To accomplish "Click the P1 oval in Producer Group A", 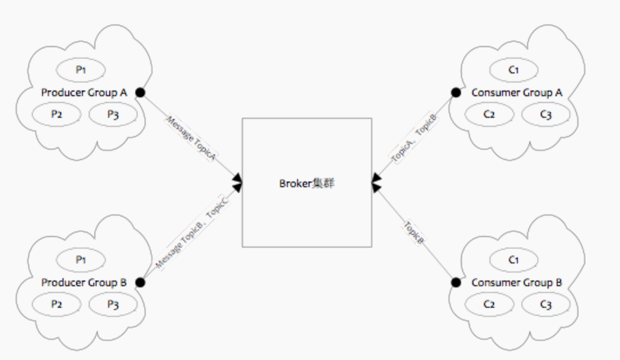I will click(x=81, y=70).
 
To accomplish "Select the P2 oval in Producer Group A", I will click(x=56, y=114).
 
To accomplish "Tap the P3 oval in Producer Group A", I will click(x=113, y=114).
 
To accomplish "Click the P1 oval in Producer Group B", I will click(x=81, y=260).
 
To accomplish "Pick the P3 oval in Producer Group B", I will click(x=113, y=304).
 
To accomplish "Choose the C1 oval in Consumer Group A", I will click(x=514, y=70).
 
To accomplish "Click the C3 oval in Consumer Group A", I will click(x=546, y=114).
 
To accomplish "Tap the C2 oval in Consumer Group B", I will click(x=490, y=304).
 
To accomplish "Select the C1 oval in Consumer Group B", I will click(x=514, y=260).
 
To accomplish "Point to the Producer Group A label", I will click(x=84, y=93).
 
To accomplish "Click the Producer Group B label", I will click(x=84, y=282).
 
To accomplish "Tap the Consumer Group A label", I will click(x=517, y=93).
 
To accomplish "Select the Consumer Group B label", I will click(x=517, y=282).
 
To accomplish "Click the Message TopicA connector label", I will click(x=191, y=138).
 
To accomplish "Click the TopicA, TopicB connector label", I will click(x=413, y=137).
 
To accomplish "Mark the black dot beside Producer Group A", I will click(x=140, y=93).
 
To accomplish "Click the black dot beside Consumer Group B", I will click(x=455, y=282).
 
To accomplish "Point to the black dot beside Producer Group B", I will click(x=140, y=282).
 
